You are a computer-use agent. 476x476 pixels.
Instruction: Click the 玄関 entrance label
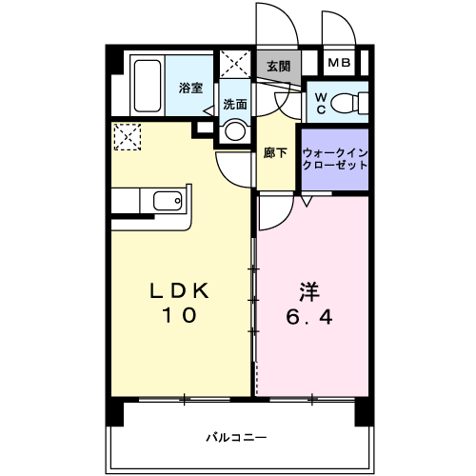pyautogui.click(x=278, y=67)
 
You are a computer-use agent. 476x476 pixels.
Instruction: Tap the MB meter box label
pyautogui.click(x=339, y=63)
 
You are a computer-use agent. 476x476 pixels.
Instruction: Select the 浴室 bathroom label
pyautogui.click(x=190, y=88)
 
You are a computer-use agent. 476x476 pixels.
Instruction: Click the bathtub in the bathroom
pyautogui.click(x=148, y=86)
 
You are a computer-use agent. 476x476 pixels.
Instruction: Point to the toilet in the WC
pyautogui.click(x=349, y=103)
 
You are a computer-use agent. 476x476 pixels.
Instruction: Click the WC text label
pyautogui.click(x=321, y=103)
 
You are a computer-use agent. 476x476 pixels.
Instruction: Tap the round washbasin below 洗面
pyautogui.click(x=235, y=130)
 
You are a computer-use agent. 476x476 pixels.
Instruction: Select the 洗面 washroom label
pyautogui.click(x=235, y=104)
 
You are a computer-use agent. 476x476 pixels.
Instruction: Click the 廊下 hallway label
pyautogui.click(x=275, y=153)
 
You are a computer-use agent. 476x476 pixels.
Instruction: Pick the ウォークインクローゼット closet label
pyautogui.click(x=335, y=159)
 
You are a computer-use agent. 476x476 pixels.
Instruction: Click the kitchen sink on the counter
pyautogui.click(x=168, y=201)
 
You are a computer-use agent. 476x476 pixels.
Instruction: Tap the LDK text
pyautogui.click(x=179, y=290)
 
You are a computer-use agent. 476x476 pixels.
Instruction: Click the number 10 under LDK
pyautogui.click(x=180, y=315)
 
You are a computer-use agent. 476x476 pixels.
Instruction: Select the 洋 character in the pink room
pyautogui.click(x=309, y=292)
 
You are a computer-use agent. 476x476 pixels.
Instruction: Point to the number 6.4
pyautogui.click(x=309, y=317)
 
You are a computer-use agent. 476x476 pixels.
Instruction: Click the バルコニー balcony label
pyautogui.click(x=236, y=438)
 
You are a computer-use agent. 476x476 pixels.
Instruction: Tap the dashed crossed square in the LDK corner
pyautogui.click(x=128, y=137)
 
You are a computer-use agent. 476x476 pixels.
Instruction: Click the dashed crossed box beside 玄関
pyautogui.click(x=235, y=64)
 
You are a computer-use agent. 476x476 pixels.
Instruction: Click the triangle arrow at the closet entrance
pyautogui.click(x=307, y=202)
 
